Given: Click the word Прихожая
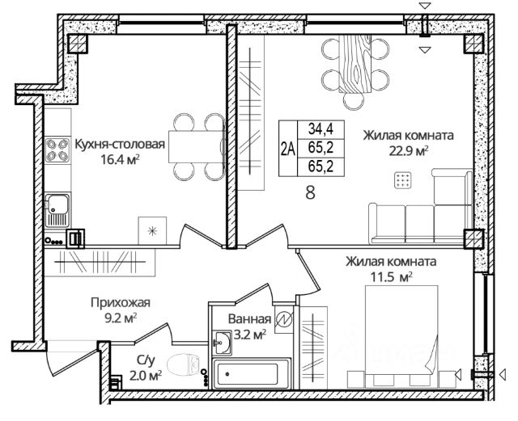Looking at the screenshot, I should [120, 302].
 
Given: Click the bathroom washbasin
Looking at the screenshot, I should [222, 343].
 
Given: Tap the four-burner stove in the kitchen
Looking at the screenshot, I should [57, 152].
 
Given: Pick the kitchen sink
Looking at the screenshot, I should [57, 208].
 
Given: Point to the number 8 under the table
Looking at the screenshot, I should [309, 193].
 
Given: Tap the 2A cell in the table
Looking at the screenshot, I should [287, 147].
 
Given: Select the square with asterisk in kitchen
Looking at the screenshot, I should [151, 231].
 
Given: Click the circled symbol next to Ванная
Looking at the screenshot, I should [283, 319].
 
